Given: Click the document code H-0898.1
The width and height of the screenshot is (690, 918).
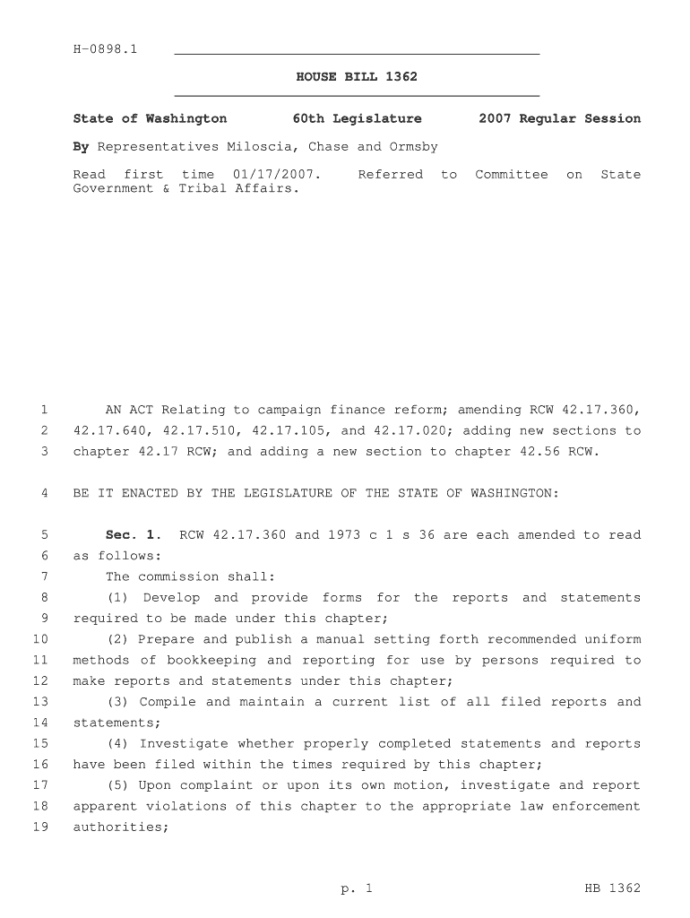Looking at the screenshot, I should (105, 48).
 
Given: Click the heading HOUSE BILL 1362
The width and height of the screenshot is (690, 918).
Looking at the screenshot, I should (357, 77).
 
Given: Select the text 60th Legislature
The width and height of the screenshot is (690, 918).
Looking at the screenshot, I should (357, 118).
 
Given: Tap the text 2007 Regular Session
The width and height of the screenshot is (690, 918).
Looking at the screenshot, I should (559, 118).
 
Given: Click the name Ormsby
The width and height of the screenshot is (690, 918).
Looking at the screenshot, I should (413, 146).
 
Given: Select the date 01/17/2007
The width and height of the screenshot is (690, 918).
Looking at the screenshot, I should (276, 174).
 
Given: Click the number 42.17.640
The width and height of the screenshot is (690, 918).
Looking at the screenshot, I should (109, 430).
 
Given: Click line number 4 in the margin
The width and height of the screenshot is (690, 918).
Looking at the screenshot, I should (44, 493).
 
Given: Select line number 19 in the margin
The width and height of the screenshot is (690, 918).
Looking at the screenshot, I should (40, 827).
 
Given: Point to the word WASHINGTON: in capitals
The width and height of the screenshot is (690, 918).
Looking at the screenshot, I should (514, 493).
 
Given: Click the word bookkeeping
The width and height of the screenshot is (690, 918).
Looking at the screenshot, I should (211, 660).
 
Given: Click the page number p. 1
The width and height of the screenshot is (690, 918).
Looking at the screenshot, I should (356, 888).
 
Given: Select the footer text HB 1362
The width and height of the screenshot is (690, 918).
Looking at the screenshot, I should (613, 888).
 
